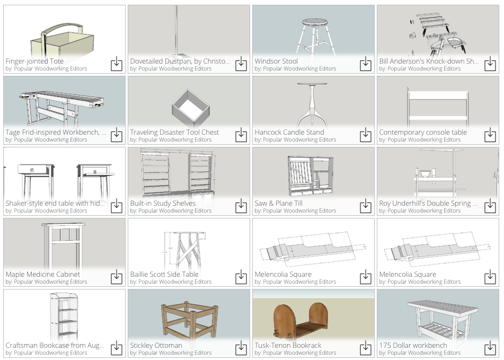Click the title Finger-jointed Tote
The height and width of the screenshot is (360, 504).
tap(35, 61)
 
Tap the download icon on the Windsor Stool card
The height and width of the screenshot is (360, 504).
tap(366, 64)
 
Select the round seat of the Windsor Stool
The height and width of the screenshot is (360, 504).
tap(313, 22)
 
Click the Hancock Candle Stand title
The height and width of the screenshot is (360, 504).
tap(289, 132)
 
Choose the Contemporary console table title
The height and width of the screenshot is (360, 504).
tap(423, 132)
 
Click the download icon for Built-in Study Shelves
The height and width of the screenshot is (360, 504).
tap(241, 206)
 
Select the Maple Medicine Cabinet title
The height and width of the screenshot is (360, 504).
tap(43, 274)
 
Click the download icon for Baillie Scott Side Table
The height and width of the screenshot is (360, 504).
tap(241, 277)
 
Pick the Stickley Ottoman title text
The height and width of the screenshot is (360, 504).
tap(156, 345)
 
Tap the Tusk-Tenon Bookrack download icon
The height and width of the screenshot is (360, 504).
tap(366, 348)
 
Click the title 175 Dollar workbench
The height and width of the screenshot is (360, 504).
tap(413, 345)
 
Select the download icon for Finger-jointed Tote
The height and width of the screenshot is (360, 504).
tap(117, 64)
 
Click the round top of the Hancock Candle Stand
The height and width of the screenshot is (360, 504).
tap(312, 84)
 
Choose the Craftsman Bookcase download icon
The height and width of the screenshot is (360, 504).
tap(117, 348)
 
